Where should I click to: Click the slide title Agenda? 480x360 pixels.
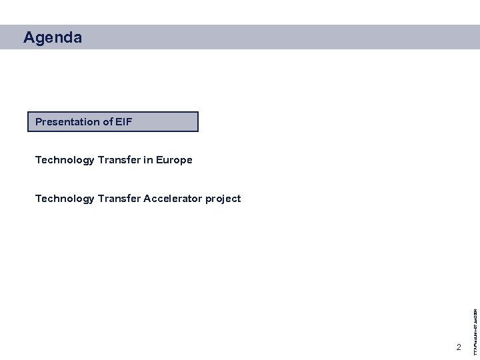(53, 38)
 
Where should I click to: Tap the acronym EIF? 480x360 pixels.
(124, 122)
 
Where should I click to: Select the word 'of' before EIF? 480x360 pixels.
(107, 122)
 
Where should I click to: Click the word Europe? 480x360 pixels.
(175, 160)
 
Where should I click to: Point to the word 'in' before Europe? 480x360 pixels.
(148, 160)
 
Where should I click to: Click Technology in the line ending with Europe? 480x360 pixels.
(65, 160)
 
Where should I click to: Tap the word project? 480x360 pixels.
(224, 199)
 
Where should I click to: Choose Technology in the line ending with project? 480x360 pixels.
(65, 199)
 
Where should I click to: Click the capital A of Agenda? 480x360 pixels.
(29, 38)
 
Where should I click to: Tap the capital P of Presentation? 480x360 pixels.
(39, 122)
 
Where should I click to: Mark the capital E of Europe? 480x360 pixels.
(161, 160)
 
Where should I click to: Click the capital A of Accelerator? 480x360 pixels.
(147, 199)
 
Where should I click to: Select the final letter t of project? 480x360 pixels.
(239, 199)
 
